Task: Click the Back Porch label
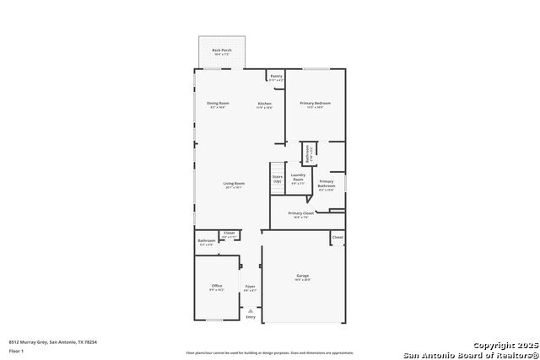pyautogui.click(x=222, y=51)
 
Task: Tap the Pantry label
pyautogui.click(x=276, y=76)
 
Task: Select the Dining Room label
pyautogui.click(x=218, y=104)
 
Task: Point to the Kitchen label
pyautogui.click(x=265, y=104)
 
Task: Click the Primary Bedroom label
pyautogui.click(x=315, y=104)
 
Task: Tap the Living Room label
pyautogui.click(x=234, y=184)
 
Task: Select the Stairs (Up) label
pyautogui.click(x=277, y=178)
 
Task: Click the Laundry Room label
pyautogui.click(x=298, y=177)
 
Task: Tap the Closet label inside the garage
pyautogui.click(x=337, y=238)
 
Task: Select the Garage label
pyautogui.click(x=302, y=276)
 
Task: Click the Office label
pyautogui.click(x=217, y=286)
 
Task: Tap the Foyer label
pyautogui.click(x=250, y=287)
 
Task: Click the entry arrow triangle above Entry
pyautogui.click(x=250, y=310)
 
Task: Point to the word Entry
pyautogui.click(x=250, y=317)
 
